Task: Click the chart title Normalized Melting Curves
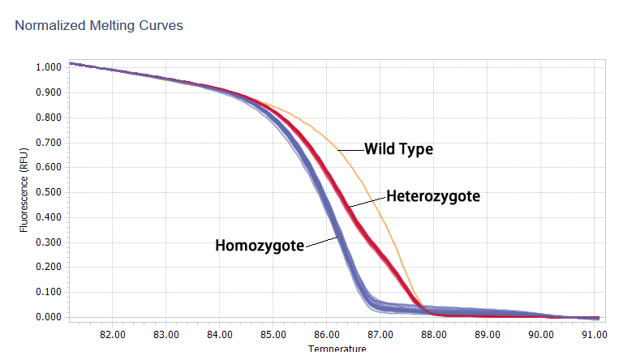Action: (x=99, y=26)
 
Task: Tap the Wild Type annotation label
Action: (x=398, y=149)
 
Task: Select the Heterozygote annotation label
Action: (x=433, y=196)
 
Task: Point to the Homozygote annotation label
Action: (x=260, y=245)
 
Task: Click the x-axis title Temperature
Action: (x=337, y=349)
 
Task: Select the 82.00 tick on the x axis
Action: (x=112, y=333)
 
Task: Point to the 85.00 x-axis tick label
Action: (x=273, y=333)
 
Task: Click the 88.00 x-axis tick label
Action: (x=433, y=333)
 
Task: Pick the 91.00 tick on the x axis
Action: (x=593, y=333)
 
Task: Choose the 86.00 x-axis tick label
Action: (x=326, y=333)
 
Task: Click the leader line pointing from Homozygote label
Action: (x=321, y=241)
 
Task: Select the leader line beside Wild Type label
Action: (x=350, y=149)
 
